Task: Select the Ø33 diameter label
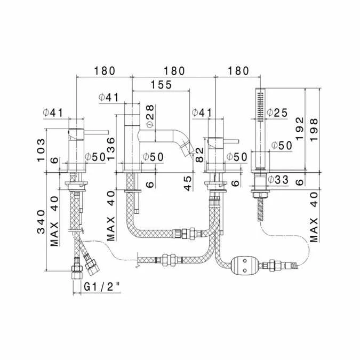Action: [278, 180]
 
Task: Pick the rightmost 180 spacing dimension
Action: [237, 70]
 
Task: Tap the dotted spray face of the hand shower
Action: [260, 105]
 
